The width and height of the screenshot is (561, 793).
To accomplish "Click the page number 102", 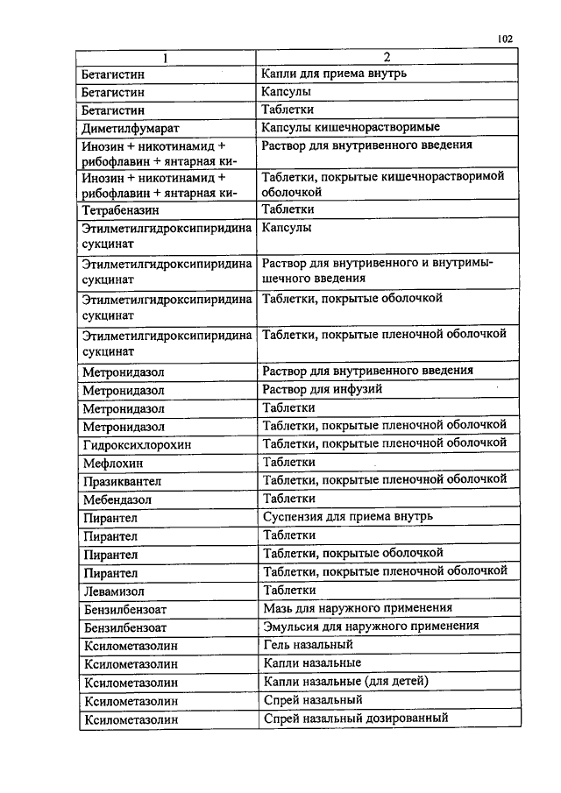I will (x=504, y=39).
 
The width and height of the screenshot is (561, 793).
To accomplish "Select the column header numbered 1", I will (x=163, y=57).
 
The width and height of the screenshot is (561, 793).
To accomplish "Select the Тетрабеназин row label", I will (x=120, y=210).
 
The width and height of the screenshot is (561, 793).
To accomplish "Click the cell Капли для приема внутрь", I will (x=334, y=73).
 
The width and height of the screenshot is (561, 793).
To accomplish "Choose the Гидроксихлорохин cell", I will (x=136, y=445).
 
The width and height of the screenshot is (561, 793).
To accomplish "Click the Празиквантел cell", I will (x=122, y=481).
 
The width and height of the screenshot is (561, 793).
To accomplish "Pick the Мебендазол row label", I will (x=117, y=499).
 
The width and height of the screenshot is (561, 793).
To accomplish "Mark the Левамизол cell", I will (x=114, y=591).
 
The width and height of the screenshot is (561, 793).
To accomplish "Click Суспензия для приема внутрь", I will (x=348, y=516).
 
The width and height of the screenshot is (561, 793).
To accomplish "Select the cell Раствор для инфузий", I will (x=322, y=388).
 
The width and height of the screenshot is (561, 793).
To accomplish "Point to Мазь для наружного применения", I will (x=358, y=607).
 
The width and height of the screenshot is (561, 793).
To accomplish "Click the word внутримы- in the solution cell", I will (x=464, y=263).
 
